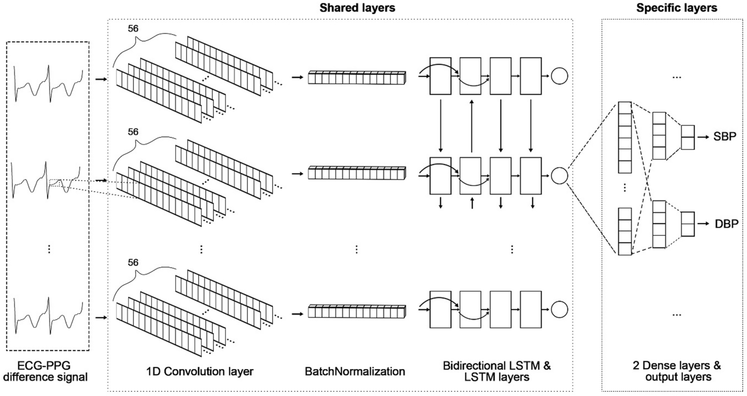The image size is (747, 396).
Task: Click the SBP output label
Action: (724, 137)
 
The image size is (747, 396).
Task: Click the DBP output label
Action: (726, 224)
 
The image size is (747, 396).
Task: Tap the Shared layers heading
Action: (357, 8)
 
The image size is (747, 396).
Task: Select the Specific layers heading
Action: (677, 8)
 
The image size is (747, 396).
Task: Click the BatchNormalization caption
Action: (355, 371)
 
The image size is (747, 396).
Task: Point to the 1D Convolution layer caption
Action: (200, 371)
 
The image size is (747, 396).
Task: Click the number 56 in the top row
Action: (133, 29)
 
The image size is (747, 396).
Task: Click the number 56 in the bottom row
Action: (133, 263)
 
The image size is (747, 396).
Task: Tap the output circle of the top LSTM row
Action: (559, 76)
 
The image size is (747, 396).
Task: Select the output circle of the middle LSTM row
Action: (559, 176)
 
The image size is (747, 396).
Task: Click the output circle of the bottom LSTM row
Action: (559, 310)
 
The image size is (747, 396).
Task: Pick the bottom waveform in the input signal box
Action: (48, 316)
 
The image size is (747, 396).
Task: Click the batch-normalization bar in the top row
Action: (357, 78)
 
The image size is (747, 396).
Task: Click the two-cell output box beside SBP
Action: (687, 137)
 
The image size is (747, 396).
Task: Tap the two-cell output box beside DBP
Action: (687, 224)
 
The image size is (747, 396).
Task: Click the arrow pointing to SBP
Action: (703, 137)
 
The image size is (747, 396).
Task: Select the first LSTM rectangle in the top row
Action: (440, 76)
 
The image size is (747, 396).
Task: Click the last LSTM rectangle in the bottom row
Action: (530, 310)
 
